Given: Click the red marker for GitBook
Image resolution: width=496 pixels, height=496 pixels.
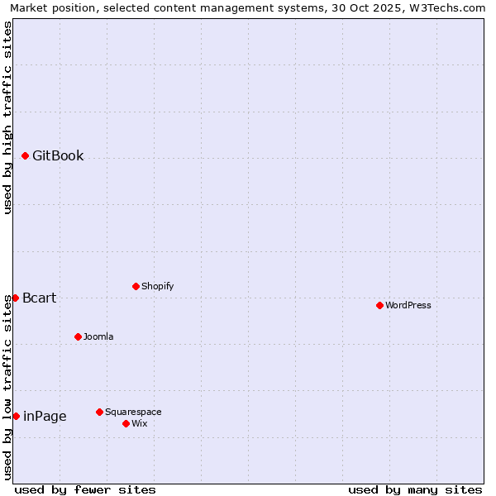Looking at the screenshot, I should [25, 155].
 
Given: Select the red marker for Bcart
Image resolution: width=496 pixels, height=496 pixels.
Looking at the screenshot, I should [15, 298].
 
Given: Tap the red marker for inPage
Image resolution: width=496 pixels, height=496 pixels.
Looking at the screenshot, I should [16, 416].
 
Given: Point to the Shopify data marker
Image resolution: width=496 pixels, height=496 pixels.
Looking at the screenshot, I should [136, 286].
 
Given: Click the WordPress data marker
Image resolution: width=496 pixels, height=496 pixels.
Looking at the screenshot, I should [379, 305].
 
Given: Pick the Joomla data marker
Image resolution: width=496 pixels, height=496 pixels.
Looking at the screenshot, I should [78, 336].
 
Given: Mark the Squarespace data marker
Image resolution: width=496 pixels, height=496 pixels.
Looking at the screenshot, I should [99, 412].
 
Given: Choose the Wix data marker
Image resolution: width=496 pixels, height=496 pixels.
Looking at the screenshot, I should [126, 423].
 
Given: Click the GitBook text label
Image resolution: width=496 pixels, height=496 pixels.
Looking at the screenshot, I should [58, 155].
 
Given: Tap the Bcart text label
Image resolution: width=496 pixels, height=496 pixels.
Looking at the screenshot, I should [40, 298].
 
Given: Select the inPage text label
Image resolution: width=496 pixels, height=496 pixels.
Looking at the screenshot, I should [45, 416].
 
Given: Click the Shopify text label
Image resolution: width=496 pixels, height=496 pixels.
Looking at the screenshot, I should [157, 286].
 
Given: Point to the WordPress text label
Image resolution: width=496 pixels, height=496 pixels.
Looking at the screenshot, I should [408, 305].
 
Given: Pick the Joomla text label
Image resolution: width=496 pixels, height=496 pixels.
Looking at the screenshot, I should [98, 336].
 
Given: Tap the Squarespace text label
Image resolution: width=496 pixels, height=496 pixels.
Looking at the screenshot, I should [133, 412].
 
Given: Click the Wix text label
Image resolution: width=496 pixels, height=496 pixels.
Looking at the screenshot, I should [140, 423].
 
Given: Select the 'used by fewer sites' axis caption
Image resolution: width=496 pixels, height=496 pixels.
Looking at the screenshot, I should [85, 489].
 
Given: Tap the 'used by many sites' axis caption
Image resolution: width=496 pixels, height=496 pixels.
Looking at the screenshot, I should [415, 489].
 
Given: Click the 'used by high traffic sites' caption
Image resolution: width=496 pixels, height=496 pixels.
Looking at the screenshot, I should [7, 117].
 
